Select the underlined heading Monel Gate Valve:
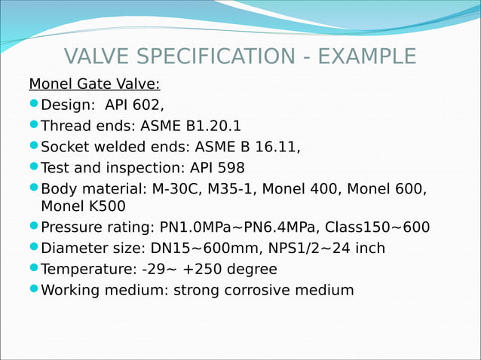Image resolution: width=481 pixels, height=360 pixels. (x=94, y=83)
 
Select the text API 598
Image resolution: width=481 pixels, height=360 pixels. (x=217, y=167)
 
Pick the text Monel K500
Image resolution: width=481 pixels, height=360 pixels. (x=83, y=206)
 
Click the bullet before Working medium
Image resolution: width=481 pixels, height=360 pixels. (x=34, y=290)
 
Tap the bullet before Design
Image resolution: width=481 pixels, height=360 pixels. (x=34, y=104)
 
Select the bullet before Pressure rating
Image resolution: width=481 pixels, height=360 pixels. (x=34, y=227)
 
